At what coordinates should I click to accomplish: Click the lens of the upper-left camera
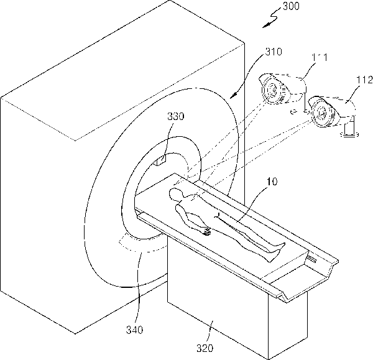click(272, 91)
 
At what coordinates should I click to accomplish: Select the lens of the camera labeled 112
click(321, 114)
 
